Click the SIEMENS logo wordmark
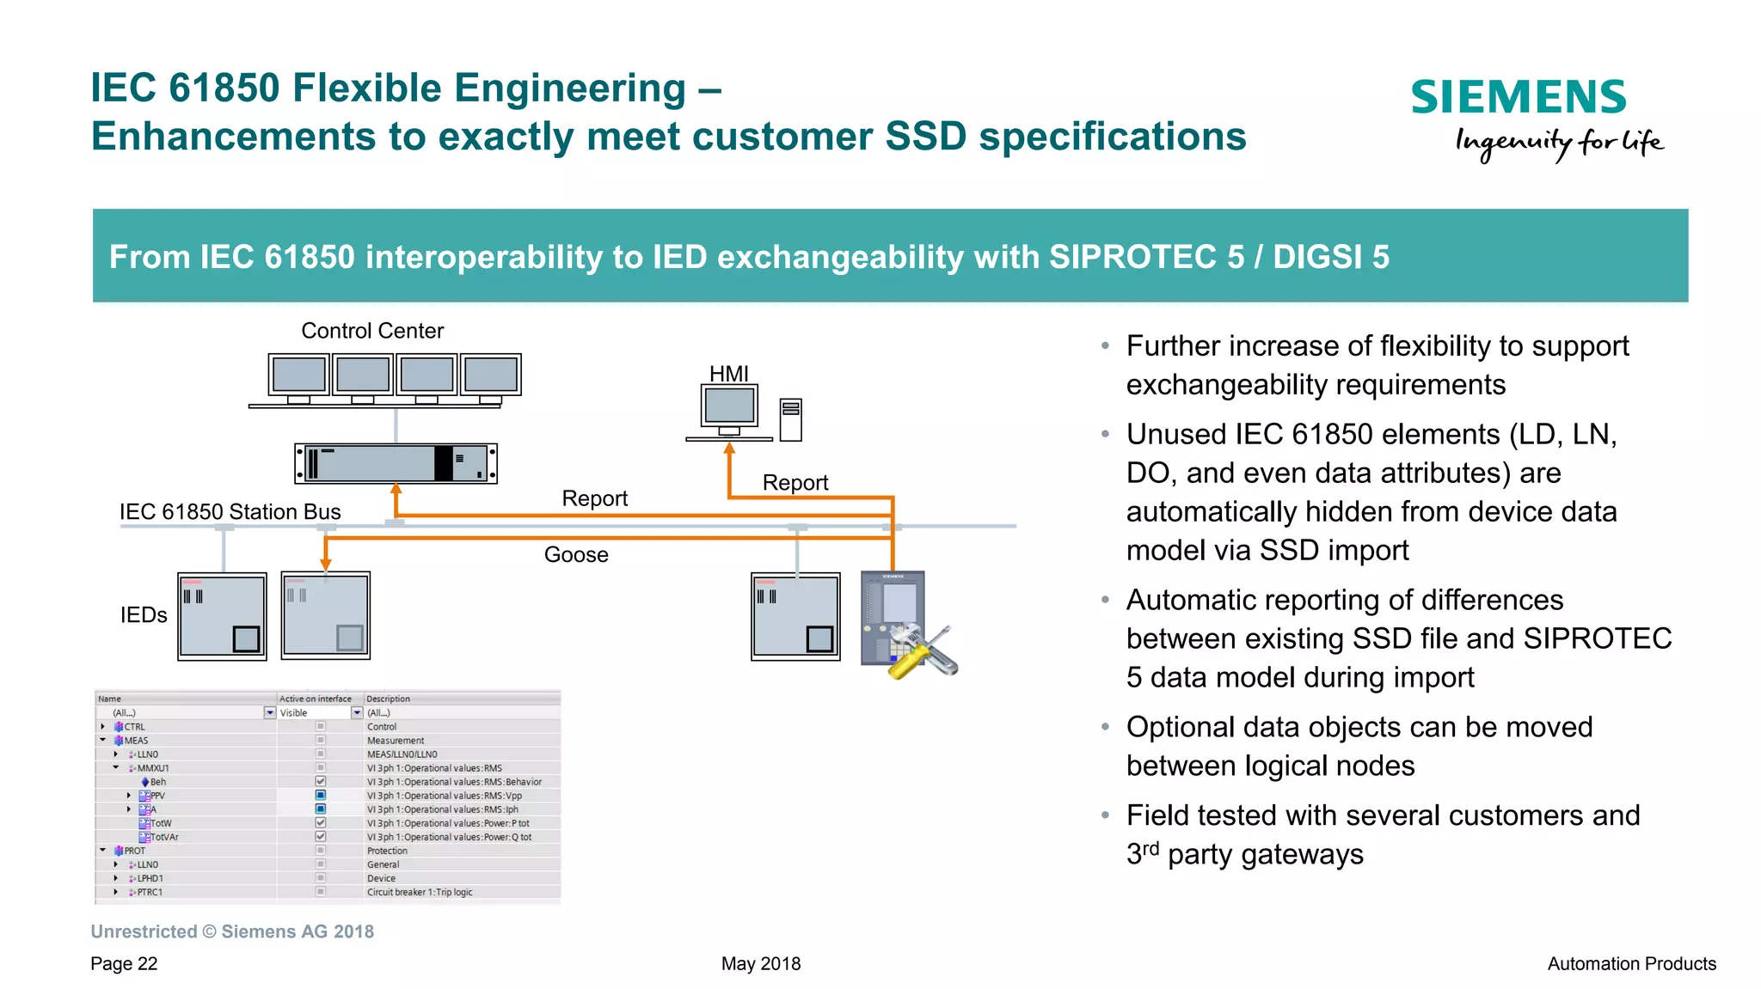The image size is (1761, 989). pos(1519,97)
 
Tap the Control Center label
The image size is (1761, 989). pos(372,331)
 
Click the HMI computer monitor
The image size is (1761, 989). pos(729,406)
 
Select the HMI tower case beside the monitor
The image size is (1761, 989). pos(791,419)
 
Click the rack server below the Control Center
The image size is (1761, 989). pos(396,464)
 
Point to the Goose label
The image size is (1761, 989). pos(576,555)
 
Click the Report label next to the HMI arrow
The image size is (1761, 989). pos(795,483)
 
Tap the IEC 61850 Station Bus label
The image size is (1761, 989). pos(230,512)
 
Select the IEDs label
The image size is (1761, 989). pos(144,615)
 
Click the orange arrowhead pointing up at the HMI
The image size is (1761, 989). pos(729,448)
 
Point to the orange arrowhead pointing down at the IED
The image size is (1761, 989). pos(326,565)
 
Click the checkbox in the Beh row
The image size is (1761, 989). pos(321,781)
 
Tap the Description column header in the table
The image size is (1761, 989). pos(388,699)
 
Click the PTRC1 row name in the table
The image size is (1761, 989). pos(150,892)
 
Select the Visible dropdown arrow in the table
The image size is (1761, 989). pos(357,712)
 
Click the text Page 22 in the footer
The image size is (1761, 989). pos(124,963)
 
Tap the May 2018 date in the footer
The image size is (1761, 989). pos(761,963)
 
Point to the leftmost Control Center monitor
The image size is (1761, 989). pos(298,375)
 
